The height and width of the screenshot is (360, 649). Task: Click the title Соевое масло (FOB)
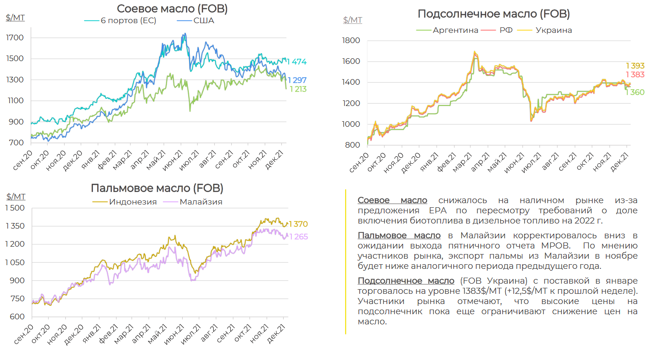tap(172, 8)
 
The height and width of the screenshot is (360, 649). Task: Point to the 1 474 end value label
tap(297, 62)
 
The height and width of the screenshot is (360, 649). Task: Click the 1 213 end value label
tap(298, 89)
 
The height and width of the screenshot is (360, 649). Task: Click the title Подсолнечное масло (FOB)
tap(494, 13)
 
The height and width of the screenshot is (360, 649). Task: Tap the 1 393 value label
tap(635, 66)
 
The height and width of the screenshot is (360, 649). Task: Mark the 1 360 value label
tap(635, 92)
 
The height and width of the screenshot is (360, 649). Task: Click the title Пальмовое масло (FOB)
tap(157, 188)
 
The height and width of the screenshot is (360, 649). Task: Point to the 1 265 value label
tap(298, 237)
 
